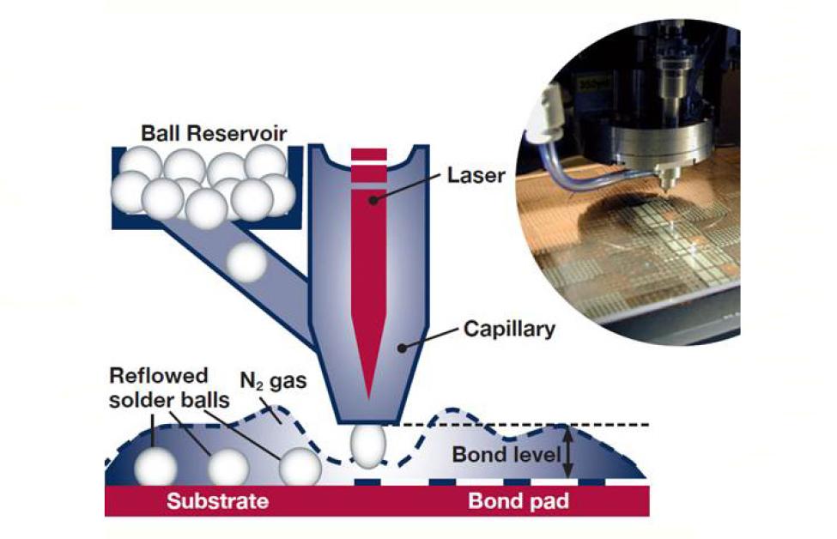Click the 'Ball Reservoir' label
[214, 133]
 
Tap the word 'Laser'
[476, 175]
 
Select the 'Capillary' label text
[509, 330]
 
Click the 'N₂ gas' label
[273, 381]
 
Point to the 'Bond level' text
[506, 455]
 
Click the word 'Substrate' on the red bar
[217, 501]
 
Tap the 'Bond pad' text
[519, 501]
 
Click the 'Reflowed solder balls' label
[168, 388]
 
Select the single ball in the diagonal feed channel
[246, 263]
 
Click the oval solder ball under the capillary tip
[367, 446]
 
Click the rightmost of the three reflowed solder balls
[300, 467]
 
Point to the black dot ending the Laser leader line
[373, 200]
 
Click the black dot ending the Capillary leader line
[402, 348]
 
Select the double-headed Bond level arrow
[568, 455]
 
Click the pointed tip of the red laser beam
[369, 399]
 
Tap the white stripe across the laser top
[369, 163]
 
